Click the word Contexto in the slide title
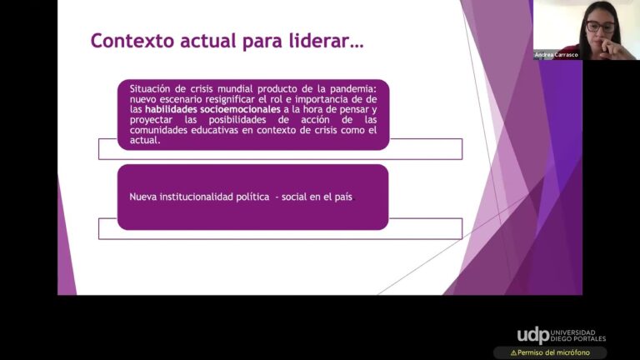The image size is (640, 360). click(x=132, y=41)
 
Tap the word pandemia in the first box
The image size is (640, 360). click(x=353, y=89)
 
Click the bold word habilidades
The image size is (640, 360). click(x=171, y=109)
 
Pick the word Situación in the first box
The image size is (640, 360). click(x=150, y=89)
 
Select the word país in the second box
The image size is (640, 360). click(x=343, y=197)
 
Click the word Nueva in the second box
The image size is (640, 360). click(x=142, y=197)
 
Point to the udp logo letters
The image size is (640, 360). click(x=533, y=336)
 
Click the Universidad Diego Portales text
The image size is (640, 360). click(x=578, y=336)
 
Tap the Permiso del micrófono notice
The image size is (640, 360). click(x=550, y=352)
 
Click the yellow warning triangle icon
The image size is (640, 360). click(x=513, y=352)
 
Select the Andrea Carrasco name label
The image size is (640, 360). click(x=556, y=55)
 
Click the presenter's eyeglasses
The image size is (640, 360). click(x=600, y=27)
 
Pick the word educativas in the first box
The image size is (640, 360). click(x=214, y=130)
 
